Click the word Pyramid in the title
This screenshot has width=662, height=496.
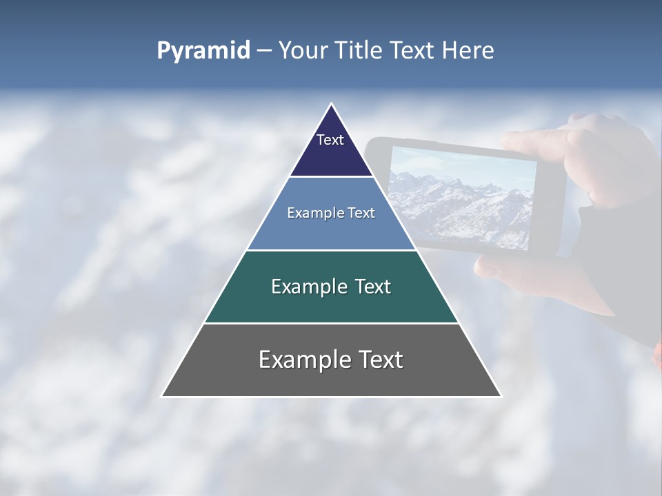click(x=203, y=51)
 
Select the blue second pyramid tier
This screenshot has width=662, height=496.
click(x=331, y=227)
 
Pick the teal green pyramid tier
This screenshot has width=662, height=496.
click(x=331, y=303)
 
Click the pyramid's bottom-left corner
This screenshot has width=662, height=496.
click(x=163, y=396)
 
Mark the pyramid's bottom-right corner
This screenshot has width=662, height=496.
click(x=501, y=396)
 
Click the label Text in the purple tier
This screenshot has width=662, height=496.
click(x=330, y=140)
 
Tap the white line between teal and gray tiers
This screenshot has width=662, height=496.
click(x=331, y=323)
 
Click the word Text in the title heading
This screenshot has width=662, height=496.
click(x=414, y=51)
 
